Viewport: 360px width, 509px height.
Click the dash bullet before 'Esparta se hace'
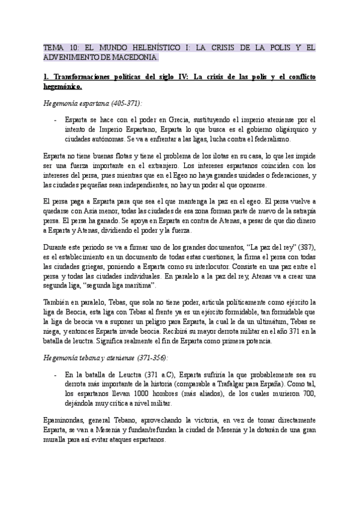[x=55, y=120]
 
